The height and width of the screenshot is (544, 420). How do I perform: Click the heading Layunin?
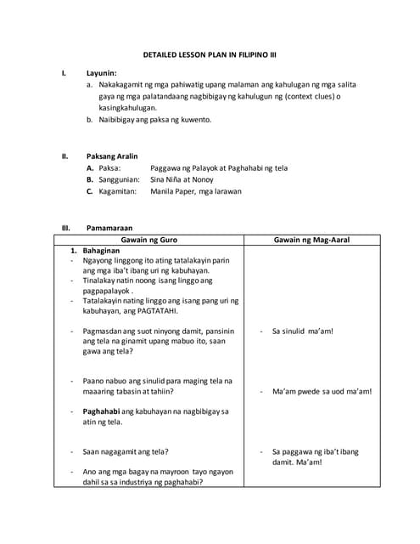pos(102,74)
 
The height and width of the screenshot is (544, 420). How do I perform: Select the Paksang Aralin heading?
pos(112,156)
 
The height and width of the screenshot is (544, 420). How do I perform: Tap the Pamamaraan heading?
pos(111,228)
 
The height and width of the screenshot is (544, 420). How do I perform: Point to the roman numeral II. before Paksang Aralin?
pos(64,156)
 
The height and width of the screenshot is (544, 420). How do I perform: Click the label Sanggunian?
pos(118,180)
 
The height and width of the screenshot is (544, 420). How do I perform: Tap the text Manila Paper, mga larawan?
pos(196,192)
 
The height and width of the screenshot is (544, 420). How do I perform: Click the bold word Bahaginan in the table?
pos(103,252)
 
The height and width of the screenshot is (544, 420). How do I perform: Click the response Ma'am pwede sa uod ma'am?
pos(322,392)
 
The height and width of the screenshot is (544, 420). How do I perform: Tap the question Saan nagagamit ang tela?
pos(125,451)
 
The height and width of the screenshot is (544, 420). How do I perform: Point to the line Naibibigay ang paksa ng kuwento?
pos(153,120)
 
